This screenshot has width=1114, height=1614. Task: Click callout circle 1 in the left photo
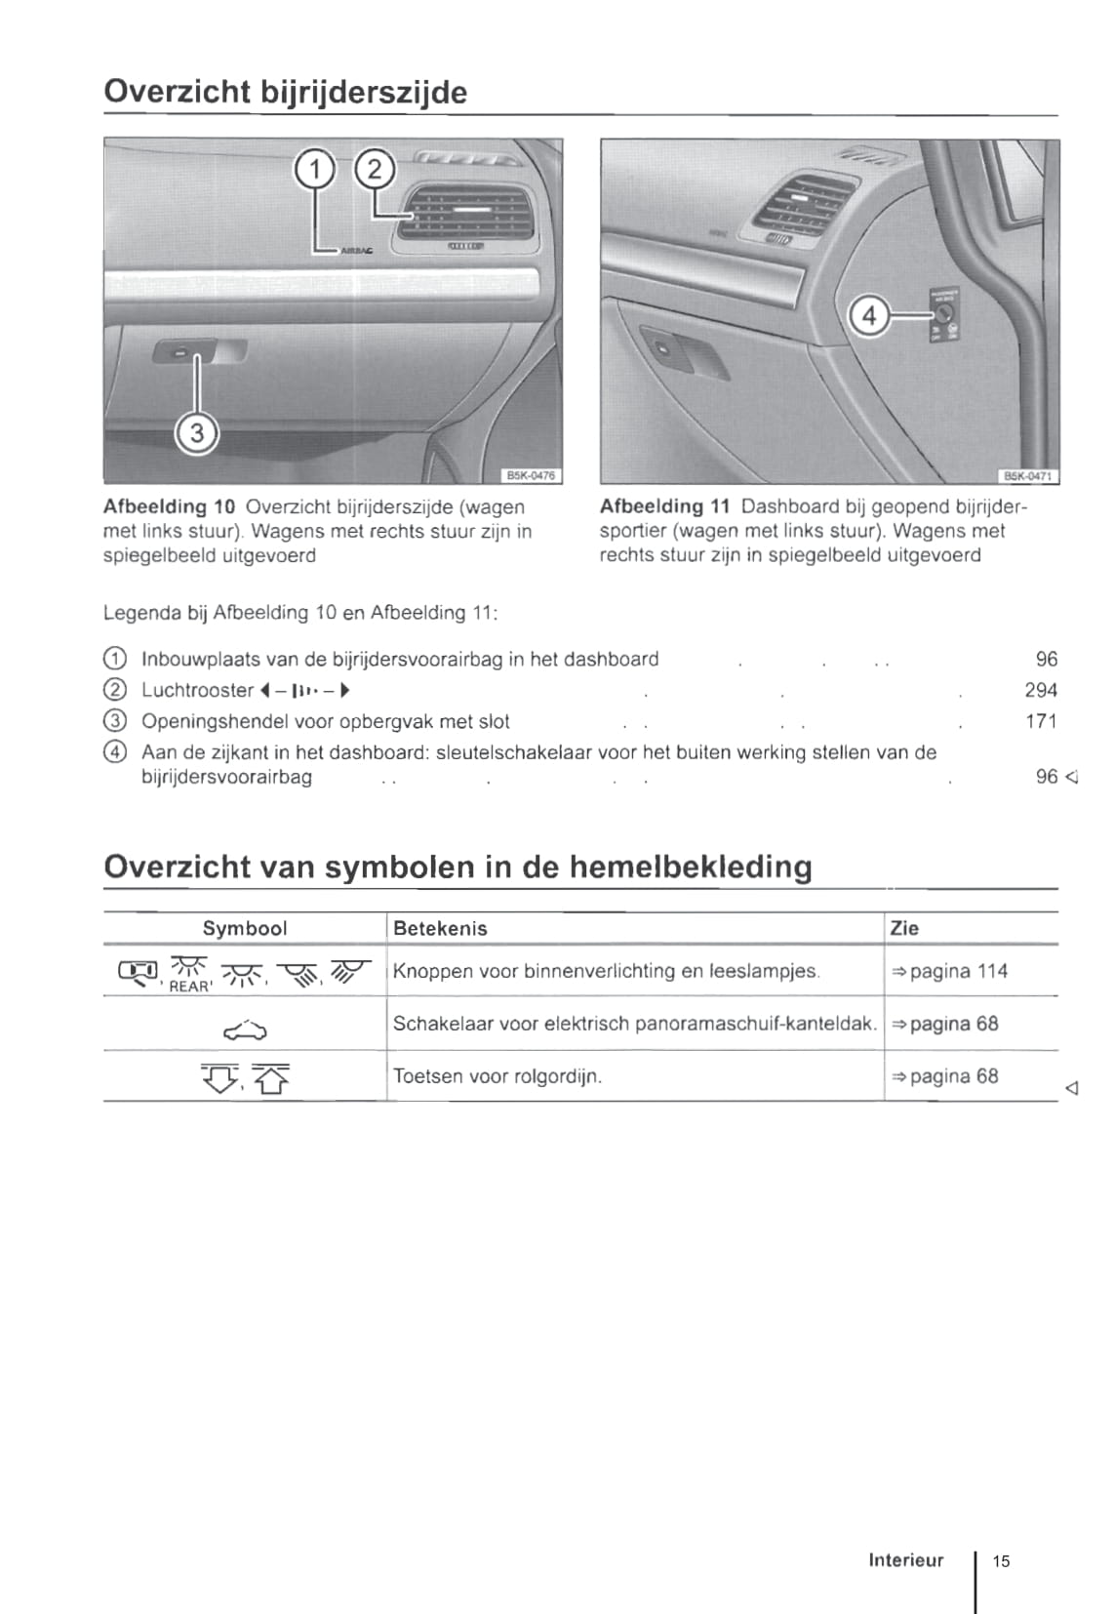tap(314, 171)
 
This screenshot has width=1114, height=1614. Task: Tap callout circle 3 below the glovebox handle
tap(197, 431)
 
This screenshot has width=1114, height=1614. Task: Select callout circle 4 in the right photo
tap(869, 316)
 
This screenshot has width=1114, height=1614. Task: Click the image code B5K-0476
tap(531, 475)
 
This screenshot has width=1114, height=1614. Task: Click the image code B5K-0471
tap(1028, 476)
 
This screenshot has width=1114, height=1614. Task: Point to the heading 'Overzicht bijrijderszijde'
tap(285, 93)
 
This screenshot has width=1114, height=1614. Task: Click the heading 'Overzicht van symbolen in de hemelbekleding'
tap(458, 867)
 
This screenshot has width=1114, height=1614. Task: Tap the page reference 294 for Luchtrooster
tap(1040, 690)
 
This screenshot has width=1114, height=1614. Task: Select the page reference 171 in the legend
tap(1040, 721)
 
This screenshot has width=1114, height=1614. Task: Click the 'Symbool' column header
tap(245, 928)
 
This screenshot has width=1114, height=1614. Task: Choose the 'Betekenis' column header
tap(440, 928)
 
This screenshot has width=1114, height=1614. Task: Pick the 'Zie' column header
tap(904, 928)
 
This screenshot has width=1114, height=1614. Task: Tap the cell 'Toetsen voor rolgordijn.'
tap(497, 1076)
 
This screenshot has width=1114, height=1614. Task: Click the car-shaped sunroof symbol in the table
tap(245, 1028)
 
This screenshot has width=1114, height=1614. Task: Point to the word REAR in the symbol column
tap(189, 987)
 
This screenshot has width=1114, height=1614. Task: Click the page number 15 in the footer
tap(1002, 1560)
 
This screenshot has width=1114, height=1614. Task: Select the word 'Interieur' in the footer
tap(906, 1559)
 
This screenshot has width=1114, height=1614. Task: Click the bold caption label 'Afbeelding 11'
tap(664, 506)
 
